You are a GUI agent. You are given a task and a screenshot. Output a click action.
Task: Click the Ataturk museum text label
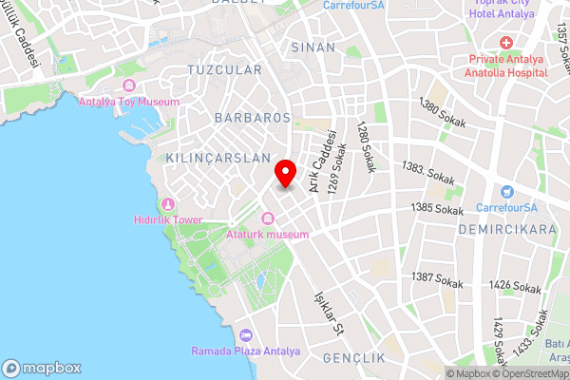coord(268,234)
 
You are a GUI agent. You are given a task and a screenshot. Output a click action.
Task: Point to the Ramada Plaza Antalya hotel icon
coord(246,335)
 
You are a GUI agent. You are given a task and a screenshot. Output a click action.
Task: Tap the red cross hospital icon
coord(504,44)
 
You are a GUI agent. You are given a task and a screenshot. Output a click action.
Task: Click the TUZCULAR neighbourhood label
coord(224,70)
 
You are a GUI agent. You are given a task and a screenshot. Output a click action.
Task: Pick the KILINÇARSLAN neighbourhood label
coord(218,157)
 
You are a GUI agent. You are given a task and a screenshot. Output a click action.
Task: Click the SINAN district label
coord(313,46)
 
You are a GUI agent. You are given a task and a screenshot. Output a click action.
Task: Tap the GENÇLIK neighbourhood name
coord(353,358)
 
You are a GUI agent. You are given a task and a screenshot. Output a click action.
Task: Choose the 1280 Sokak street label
coord(366,148)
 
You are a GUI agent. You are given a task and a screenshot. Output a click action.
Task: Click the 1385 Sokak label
coord(434,206)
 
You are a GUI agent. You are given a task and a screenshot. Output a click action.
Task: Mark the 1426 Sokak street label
coord(515,286)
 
